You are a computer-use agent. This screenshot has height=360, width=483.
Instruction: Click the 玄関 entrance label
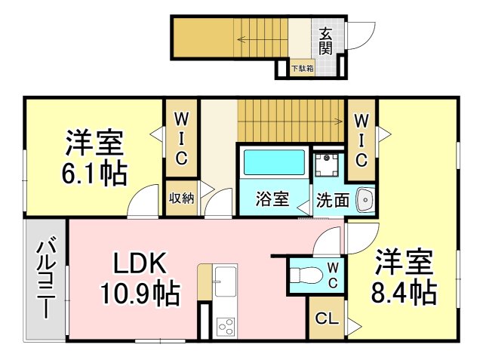(x=325, y=41)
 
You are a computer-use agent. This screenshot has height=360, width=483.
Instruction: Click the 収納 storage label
(x=181, y=198)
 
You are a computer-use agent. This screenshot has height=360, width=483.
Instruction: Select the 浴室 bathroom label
(x=272, y=199)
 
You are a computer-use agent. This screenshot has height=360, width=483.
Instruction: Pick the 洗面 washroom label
(x=332, y=201)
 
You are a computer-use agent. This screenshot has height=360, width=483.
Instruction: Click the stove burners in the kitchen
(x=225, y=326)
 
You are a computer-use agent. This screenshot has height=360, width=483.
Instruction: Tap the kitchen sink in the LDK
(x=225, y=281)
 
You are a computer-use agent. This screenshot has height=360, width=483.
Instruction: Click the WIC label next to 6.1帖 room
(x=183, y=137)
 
